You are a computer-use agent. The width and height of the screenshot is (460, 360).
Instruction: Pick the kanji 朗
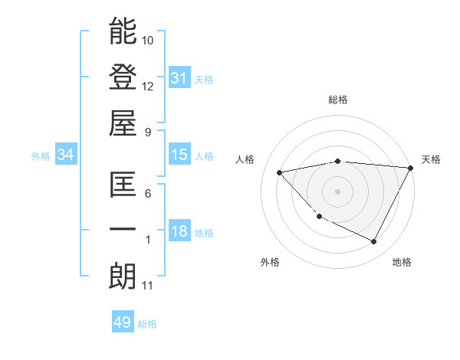pyautogui.click(x=123, y=277)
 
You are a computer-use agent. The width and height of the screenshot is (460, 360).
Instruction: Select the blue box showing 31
pyautogui.click(x=179, y=77)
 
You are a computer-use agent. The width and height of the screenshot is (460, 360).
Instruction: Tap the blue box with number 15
pyautogui.click(x=179, y=155)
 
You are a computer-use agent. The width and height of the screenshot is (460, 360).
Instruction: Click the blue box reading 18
pyautogui.click(x=179, y=232)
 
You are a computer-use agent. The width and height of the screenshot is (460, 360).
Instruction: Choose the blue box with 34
pyautogui.click(x=66, y=155)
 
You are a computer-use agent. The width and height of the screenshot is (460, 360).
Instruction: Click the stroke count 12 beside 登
pyautogui.click(x=148, y=86)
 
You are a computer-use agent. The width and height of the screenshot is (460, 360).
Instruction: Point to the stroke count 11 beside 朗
pyautogui.click(x=148, y=286)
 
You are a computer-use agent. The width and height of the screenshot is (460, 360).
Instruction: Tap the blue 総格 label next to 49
pyautogui.click(x=147, y=324)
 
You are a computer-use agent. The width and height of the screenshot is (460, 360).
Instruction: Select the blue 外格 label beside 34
pyautogui.click(x=41, y=156)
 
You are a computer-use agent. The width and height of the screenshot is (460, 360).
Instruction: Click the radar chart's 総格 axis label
pyautogui.click(x=337, y=100)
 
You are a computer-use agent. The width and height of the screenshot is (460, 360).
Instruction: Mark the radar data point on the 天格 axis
pyautogui.click(x=410, y=168)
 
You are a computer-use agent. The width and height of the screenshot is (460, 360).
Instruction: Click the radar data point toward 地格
pyautogui.click(x=373, y=242)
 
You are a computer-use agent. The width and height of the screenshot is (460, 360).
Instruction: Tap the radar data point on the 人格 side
pyautogui.click(x=280, y=172)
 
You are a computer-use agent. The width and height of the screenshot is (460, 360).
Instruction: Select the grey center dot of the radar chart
pyautogui.click(x=337, y=191)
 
